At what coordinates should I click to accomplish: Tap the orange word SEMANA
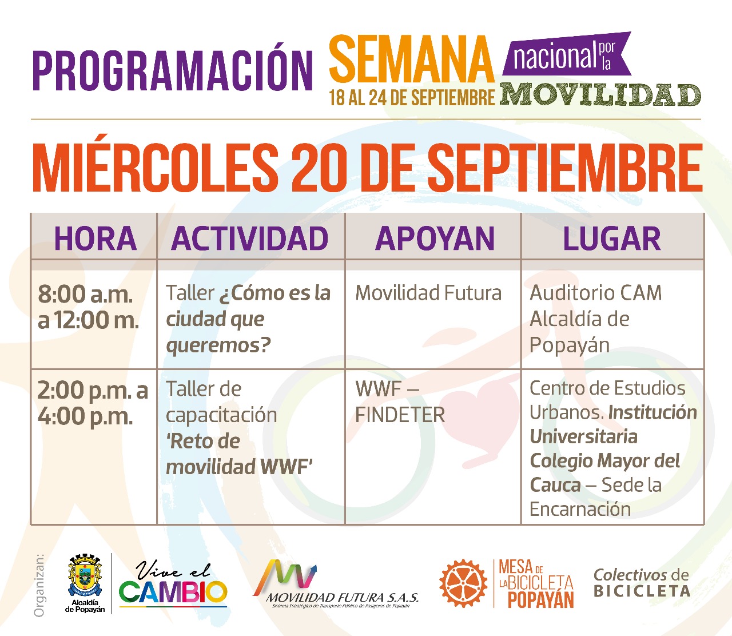[x=412, y=59]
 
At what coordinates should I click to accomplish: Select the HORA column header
[x=95, y=238]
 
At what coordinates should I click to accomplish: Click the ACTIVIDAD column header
[x=250, y=238]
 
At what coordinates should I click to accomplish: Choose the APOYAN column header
[x=435, y=238]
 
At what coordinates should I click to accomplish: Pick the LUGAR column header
[x=612, y=238]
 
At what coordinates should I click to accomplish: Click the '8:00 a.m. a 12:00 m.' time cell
[x=88, y=307]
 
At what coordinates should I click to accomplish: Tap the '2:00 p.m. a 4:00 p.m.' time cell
[x=93, y=403]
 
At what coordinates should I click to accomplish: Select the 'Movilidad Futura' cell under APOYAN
[x=428, y=293]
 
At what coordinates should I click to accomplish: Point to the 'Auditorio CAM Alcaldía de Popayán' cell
[x=596, y=319]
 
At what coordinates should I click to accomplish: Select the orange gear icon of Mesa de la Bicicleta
[x=463, y=583]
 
